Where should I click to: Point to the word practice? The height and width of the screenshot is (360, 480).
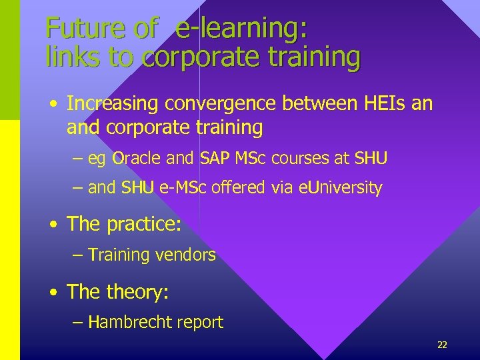(143, 224)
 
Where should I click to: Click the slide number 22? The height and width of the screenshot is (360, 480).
(442, 345)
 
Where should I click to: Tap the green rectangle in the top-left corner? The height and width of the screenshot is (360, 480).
(10, 60)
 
